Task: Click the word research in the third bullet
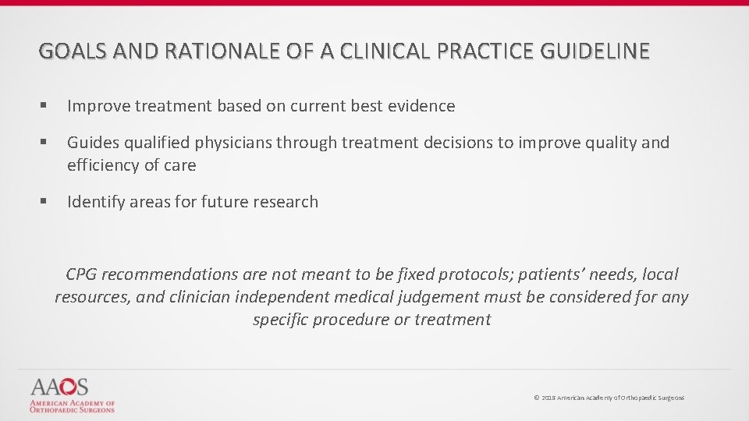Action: coord(284,202)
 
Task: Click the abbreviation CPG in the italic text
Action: coord(81,274)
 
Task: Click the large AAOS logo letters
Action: coord(60,387)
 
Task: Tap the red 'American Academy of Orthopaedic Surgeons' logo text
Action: coord(72,406)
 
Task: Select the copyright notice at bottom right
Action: coord(609,398)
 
